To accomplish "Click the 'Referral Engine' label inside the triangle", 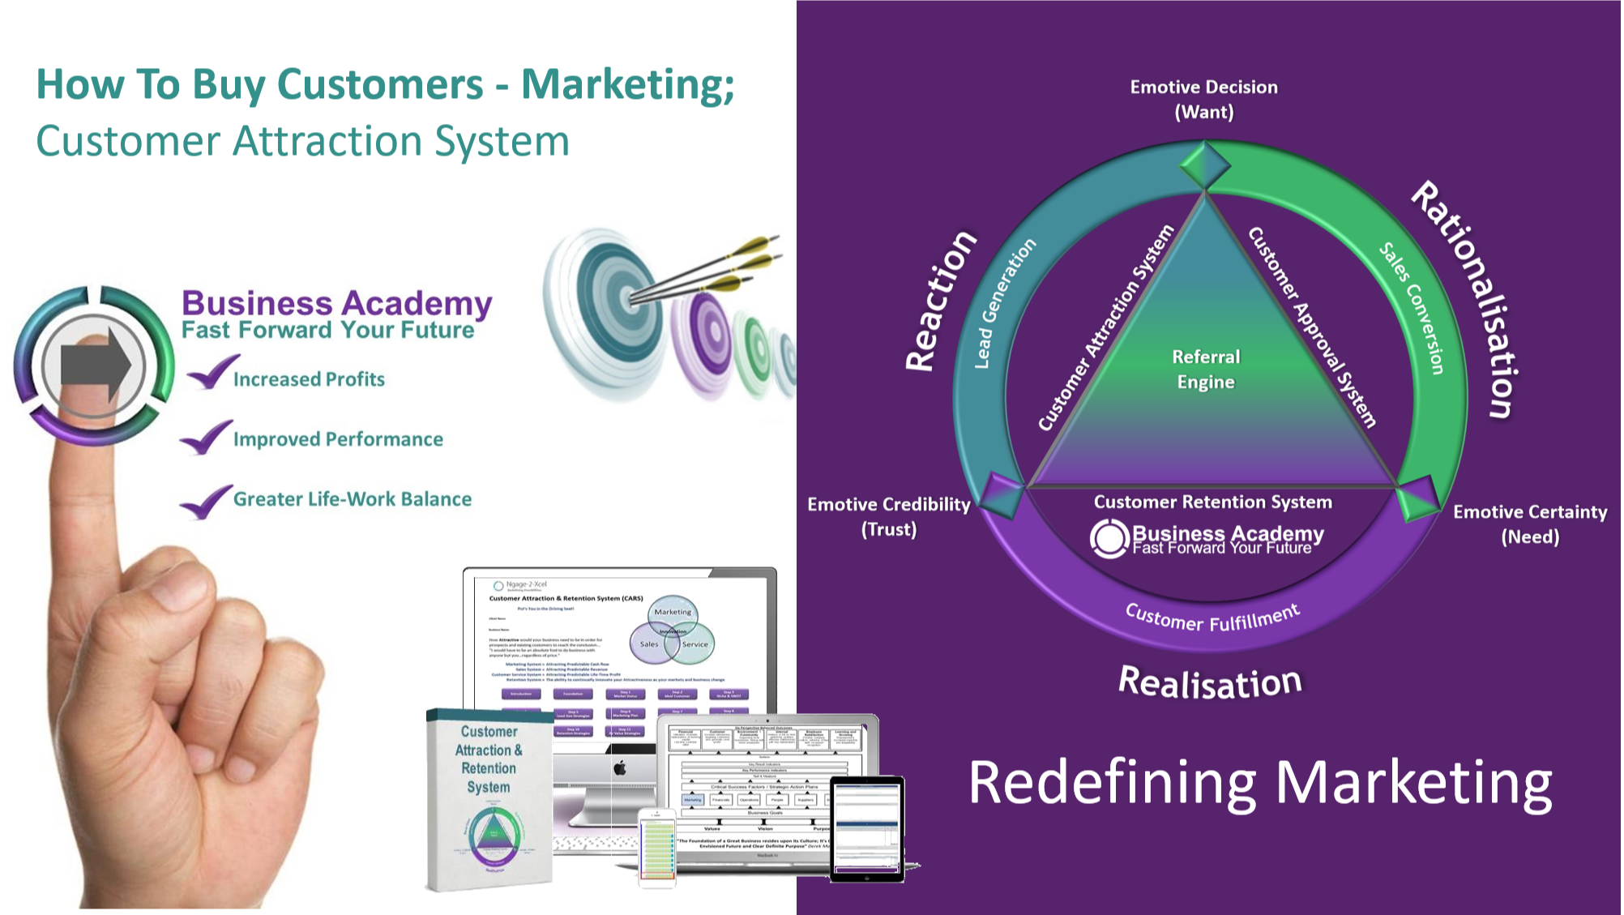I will pyautogui.click(x=1206, y=370).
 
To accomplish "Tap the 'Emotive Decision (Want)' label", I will pyautogui.click(x=1204, y=99).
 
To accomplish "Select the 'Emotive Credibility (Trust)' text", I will pyautogui.click(x=889, y=516).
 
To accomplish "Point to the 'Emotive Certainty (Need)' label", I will pyautogui.click(x=1530, y=524).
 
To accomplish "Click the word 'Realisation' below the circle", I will pyautogui.click(x=1210, y=682).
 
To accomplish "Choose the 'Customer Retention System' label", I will pyautogui.click(x=1212, y=502).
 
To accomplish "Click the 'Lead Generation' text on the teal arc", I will pyautogui.click(x=1005, y=303).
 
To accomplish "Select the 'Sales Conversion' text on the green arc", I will pyautogui.click(x=1413, y=308).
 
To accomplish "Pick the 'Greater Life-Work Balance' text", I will pyautogui.click(x=353, y=499).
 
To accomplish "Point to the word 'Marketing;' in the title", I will pyautogui.click(x=627, y=84).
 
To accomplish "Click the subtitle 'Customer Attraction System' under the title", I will pyautogui.click(x=302, y=141).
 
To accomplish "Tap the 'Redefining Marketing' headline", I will pyautogui.click(x=1260, y=783).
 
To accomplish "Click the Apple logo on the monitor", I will pyautogui.click(x=619, y=767).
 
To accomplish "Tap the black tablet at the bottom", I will pyautogui.click(x=867, y=828).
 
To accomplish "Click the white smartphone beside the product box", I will pyautogui.click(x=656, y=848).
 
